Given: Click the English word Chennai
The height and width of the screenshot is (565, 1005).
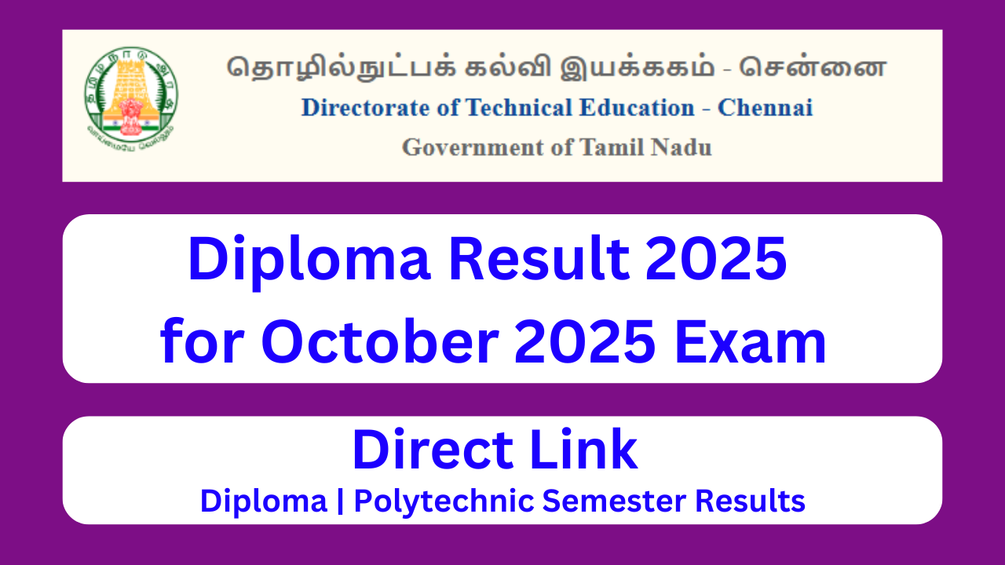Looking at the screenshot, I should coord(765,108).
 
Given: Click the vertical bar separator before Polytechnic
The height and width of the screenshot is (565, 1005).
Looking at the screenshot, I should coord(341,501).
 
